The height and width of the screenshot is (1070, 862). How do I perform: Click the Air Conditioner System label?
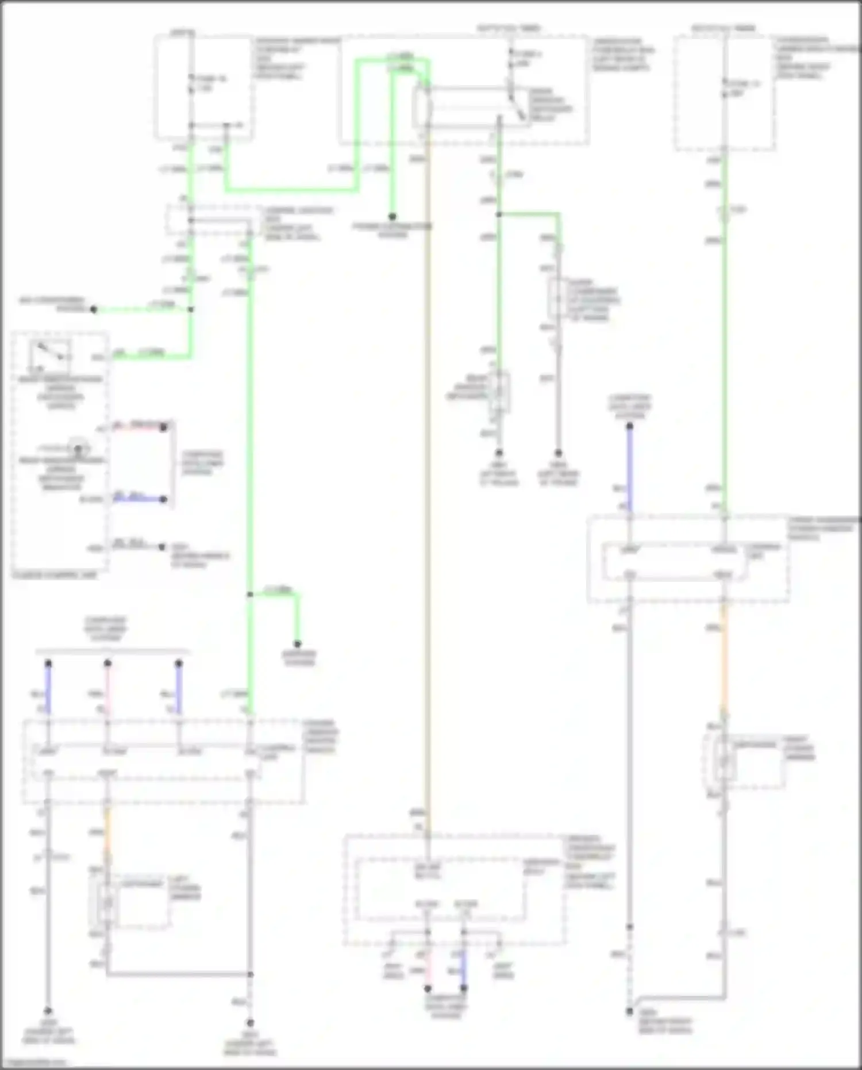52,304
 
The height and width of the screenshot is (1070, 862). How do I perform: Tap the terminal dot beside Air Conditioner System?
94,309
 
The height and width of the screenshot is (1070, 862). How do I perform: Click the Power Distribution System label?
392,231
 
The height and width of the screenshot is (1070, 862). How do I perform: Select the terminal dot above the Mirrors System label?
298,644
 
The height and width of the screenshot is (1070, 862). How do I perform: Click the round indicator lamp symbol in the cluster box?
78,448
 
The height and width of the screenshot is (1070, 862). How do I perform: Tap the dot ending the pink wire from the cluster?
164,427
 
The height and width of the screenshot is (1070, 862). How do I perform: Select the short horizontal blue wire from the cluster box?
138,499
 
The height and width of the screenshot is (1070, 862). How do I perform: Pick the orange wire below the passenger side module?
724,655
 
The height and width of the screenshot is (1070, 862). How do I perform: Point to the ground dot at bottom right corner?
630,1010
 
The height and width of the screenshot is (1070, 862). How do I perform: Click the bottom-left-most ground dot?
48,1010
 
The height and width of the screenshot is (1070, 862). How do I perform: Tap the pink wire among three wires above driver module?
107,690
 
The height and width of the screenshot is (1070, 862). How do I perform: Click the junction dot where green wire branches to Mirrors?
250,594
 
